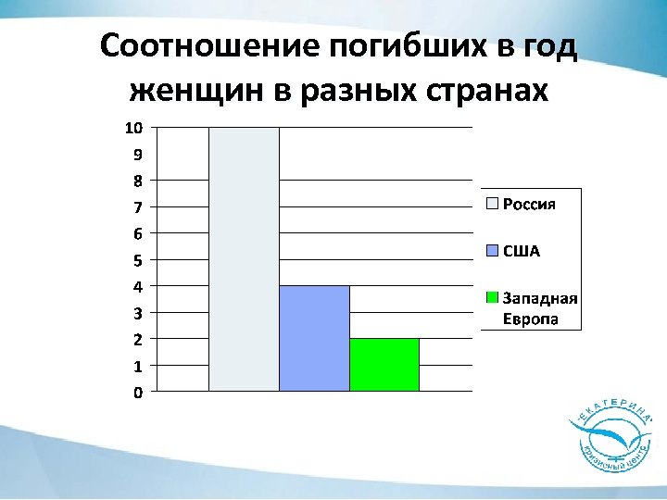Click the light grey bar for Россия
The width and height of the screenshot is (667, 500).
click(244, 259)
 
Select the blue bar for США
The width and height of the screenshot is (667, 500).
click(314, 339)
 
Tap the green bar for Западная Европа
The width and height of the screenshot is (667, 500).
click(384, 365)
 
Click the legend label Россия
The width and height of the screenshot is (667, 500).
click(529, 205)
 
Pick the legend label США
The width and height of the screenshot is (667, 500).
click(522, 251)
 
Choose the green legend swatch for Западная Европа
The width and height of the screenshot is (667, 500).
click(493, 298)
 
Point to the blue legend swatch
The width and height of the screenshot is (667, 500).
click(493, 251)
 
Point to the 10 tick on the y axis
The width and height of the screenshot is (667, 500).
click(134, 127)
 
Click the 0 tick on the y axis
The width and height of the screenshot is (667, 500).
click(138, 393)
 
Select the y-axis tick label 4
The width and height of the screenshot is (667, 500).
click(138, 286)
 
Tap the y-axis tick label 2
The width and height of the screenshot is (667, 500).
click(138, 340)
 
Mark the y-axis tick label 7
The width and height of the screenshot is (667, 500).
click(138, 206)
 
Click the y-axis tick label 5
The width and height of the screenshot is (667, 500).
click(138, 260)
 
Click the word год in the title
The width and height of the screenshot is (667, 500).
click(550, 47)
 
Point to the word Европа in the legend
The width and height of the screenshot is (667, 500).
click(530, 319)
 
